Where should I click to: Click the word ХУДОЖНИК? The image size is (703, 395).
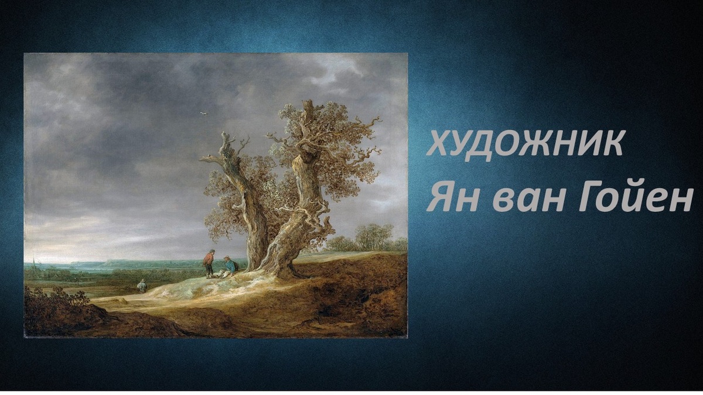click(x=524, y=143)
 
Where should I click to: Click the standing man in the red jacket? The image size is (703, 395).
click(x=209, y=263)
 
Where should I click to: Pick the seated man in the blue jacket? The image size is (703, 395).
click(x=230, y=266)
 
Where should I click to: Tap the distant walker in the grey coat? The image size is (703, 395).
click(x=141, y=286)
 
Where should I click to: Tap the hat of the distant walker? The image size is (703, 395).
click(x=141, y=280)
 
